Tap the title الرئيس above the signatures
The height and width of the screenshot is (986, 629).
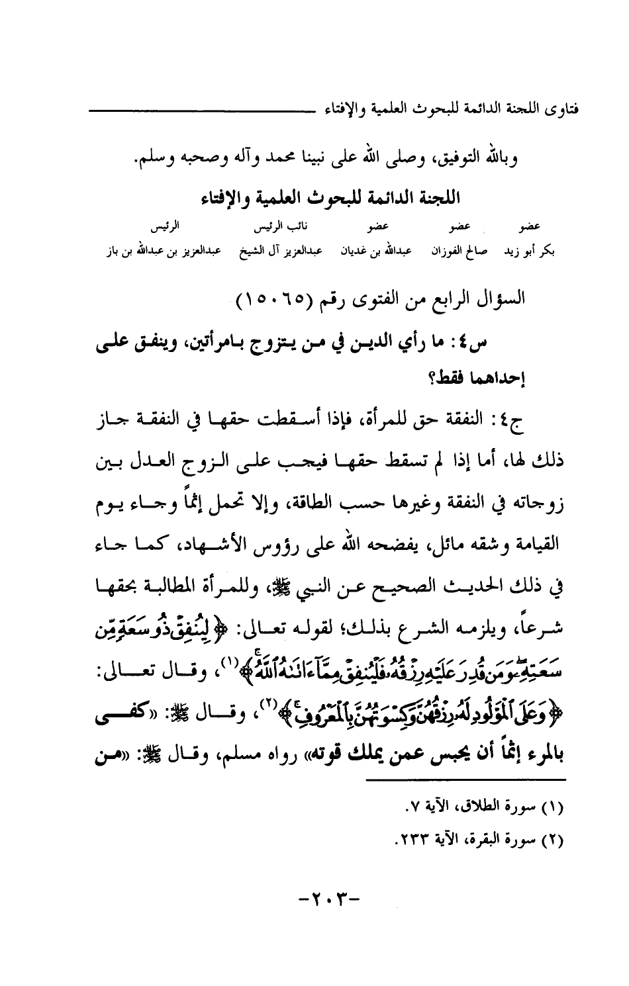[167, 229]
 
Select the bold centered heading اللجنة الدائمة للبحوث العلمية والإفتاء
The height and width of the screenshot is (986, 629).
[328, 197]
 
